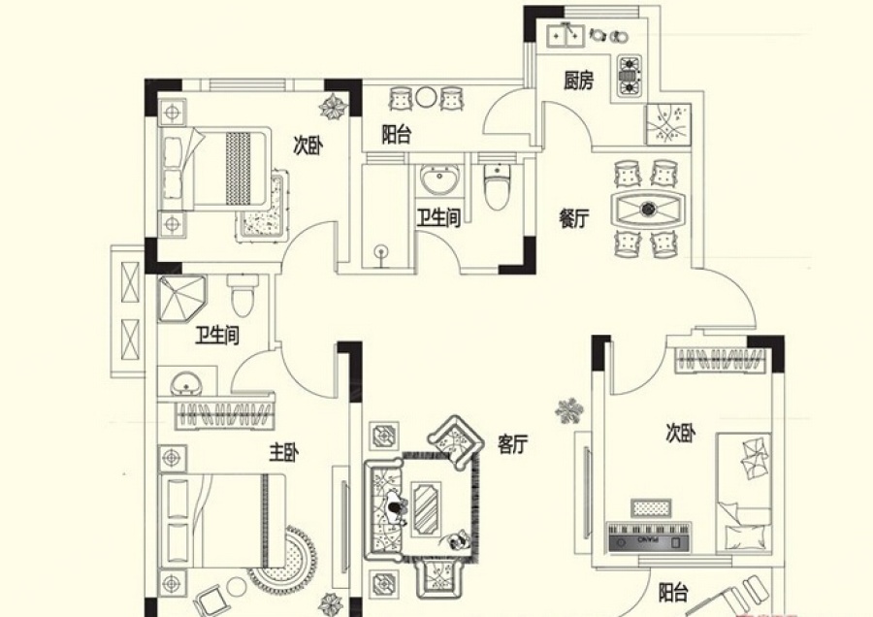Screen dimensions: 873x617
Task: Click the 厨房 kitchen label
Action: coord(578,81)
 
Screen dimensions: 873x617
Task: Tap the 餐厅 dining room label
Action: coord(573,218)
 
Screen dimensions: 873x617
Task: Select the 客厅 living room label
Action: coord(512,443)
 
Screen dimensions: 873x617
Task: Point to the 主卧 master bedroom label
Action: coord(283,453)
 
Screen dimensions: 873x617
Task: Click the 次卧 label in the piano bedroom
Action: coord(680,433)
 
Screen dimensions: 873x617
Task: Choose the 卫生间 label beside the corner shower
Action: coord(217,335)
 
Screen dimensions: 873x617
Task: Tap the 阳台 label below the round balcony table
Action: coord(397,135)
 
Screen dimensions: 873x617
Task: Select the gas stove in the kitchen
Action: coord(629,75)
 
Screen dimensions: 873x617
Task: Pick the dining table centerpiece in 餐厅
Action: coord(648,209)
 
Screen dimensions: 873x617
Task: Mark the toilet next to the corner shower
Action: coord(242,295)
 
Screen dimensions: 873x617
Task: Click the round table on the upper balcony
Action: coord(426,98)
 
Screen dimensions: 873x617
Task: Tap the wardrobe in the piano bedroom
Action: coord(719,360)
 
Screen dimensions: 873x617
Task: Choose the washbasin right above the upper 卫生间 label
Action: coord(439,179)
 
